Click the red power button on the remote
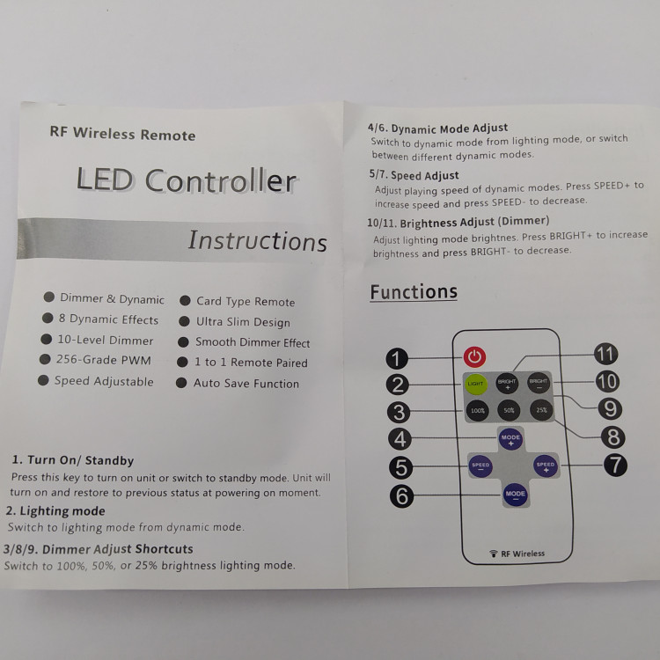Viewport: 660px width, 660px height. (x=474, y=357)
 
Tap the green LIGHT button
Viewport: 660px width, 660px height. (x=475, y=384)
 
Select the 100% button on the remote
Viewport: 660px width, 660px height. (x=478, y=410)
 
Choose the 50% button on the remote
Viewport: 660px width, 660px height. (x=509, y=410)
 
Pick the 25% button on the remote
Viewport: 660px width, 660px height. (x=541, y=409)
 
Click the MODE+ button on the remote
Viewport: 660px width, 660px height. (x=510, y=439)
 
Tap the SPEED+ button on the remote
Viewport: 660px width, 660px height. (x=546, y=466)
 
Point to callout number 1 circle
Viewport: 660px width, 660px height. (x=397, y=358)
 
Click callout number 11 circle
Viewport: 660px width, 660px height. (x=605, y=354)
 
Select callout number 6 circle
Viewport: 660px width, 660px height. (x=401, y=496)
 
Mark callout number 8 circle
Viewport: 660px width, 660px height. (x=612, y=437)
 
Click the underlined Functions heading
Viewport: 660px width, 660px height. (x=414, y=292)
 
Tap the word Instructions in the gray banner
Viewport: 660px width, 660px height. (x=257, y=241)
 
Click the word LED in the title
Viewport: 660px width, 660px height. (x=105, y=180)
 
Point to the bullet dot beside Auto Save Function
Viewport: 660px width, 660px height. (x=181, y=383)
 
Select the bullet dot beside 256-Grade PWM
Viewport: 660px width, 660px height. (x=45, y=359)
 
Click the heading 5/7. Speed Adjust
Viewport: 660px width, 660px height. (x=414, y=175)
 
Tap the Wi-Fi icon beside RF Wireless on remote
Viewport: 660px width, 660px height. (x=494, y=554)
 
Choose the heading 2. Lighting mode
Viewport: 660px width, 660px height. (x=55, y=511)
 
